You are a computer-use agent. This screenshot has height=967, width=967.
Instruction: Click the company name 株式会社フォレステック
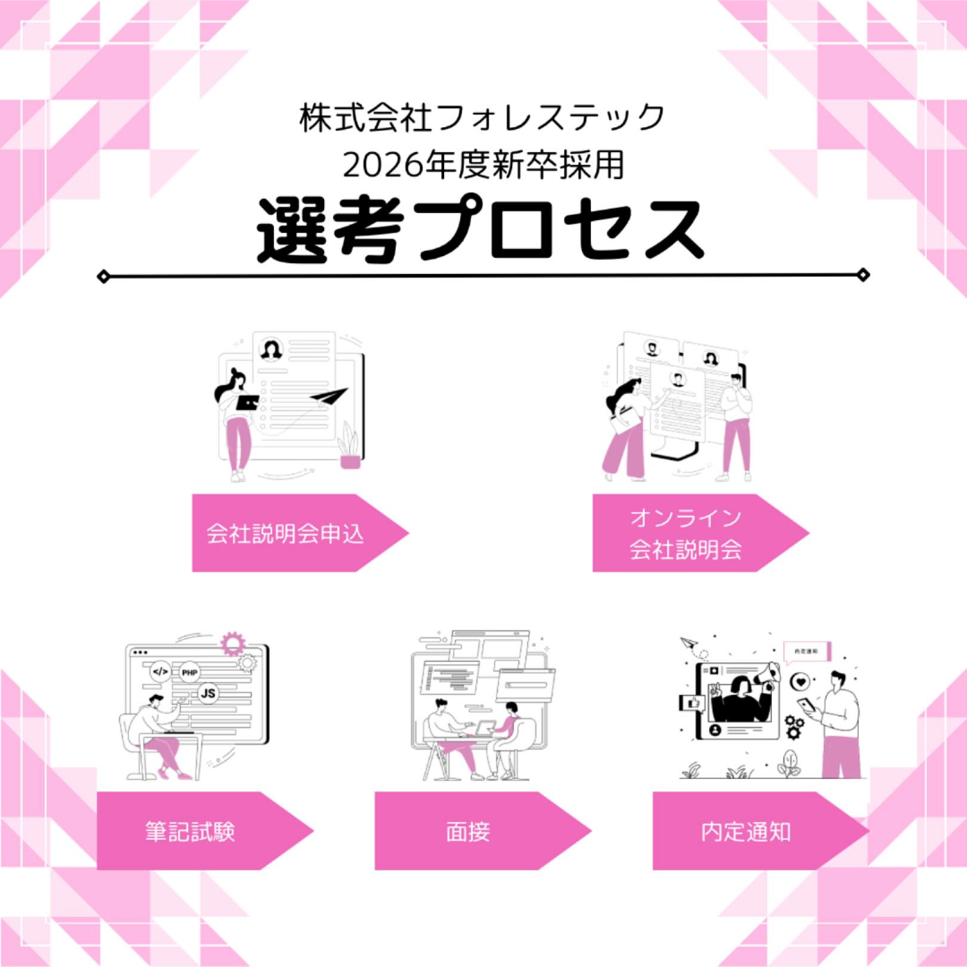pyautogui.click(x=482, y=118)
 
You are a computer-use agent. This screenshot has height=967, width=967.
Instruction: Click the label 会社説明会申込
pyautogui.click(x=285, y=533)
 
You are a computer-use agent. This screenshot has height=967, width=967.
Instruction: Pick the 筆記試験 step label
pyautogui.click(x=190, y=832)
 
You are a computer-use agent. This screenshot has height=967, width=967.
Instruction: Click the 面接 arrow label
pyautogui.click(x=468, y=832)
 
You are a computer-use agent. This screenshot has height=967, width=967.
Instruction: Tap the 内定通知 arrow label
pyautogui.click(x=746, y=832)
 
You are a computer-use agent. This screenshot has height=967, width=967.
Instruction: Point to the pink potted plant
pyautogui.click(x=350, y=448)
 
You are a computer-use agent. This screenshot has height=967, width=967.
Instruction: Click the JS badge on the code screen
pyautogui.click(x=208, y=693)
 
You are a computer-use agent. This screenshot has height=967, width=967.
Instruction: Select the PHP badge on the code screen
pyautogui.click(x=189, y=673)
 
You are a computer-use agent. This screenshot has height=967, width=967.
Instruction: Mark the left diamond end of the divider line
pyautogui.click(x=103, y=276)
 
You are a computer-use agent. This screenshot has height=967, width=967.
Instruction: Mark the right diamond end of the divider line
pyautogui.click(x=863, y=275)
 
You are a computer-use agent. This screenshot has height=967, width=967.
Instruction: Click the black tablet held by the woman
pyautogui.click(x=248, y=402)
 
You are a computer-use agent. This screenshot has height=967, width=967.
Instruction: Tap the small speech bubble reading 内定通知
pyautogui.click(x=807, y=651)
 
